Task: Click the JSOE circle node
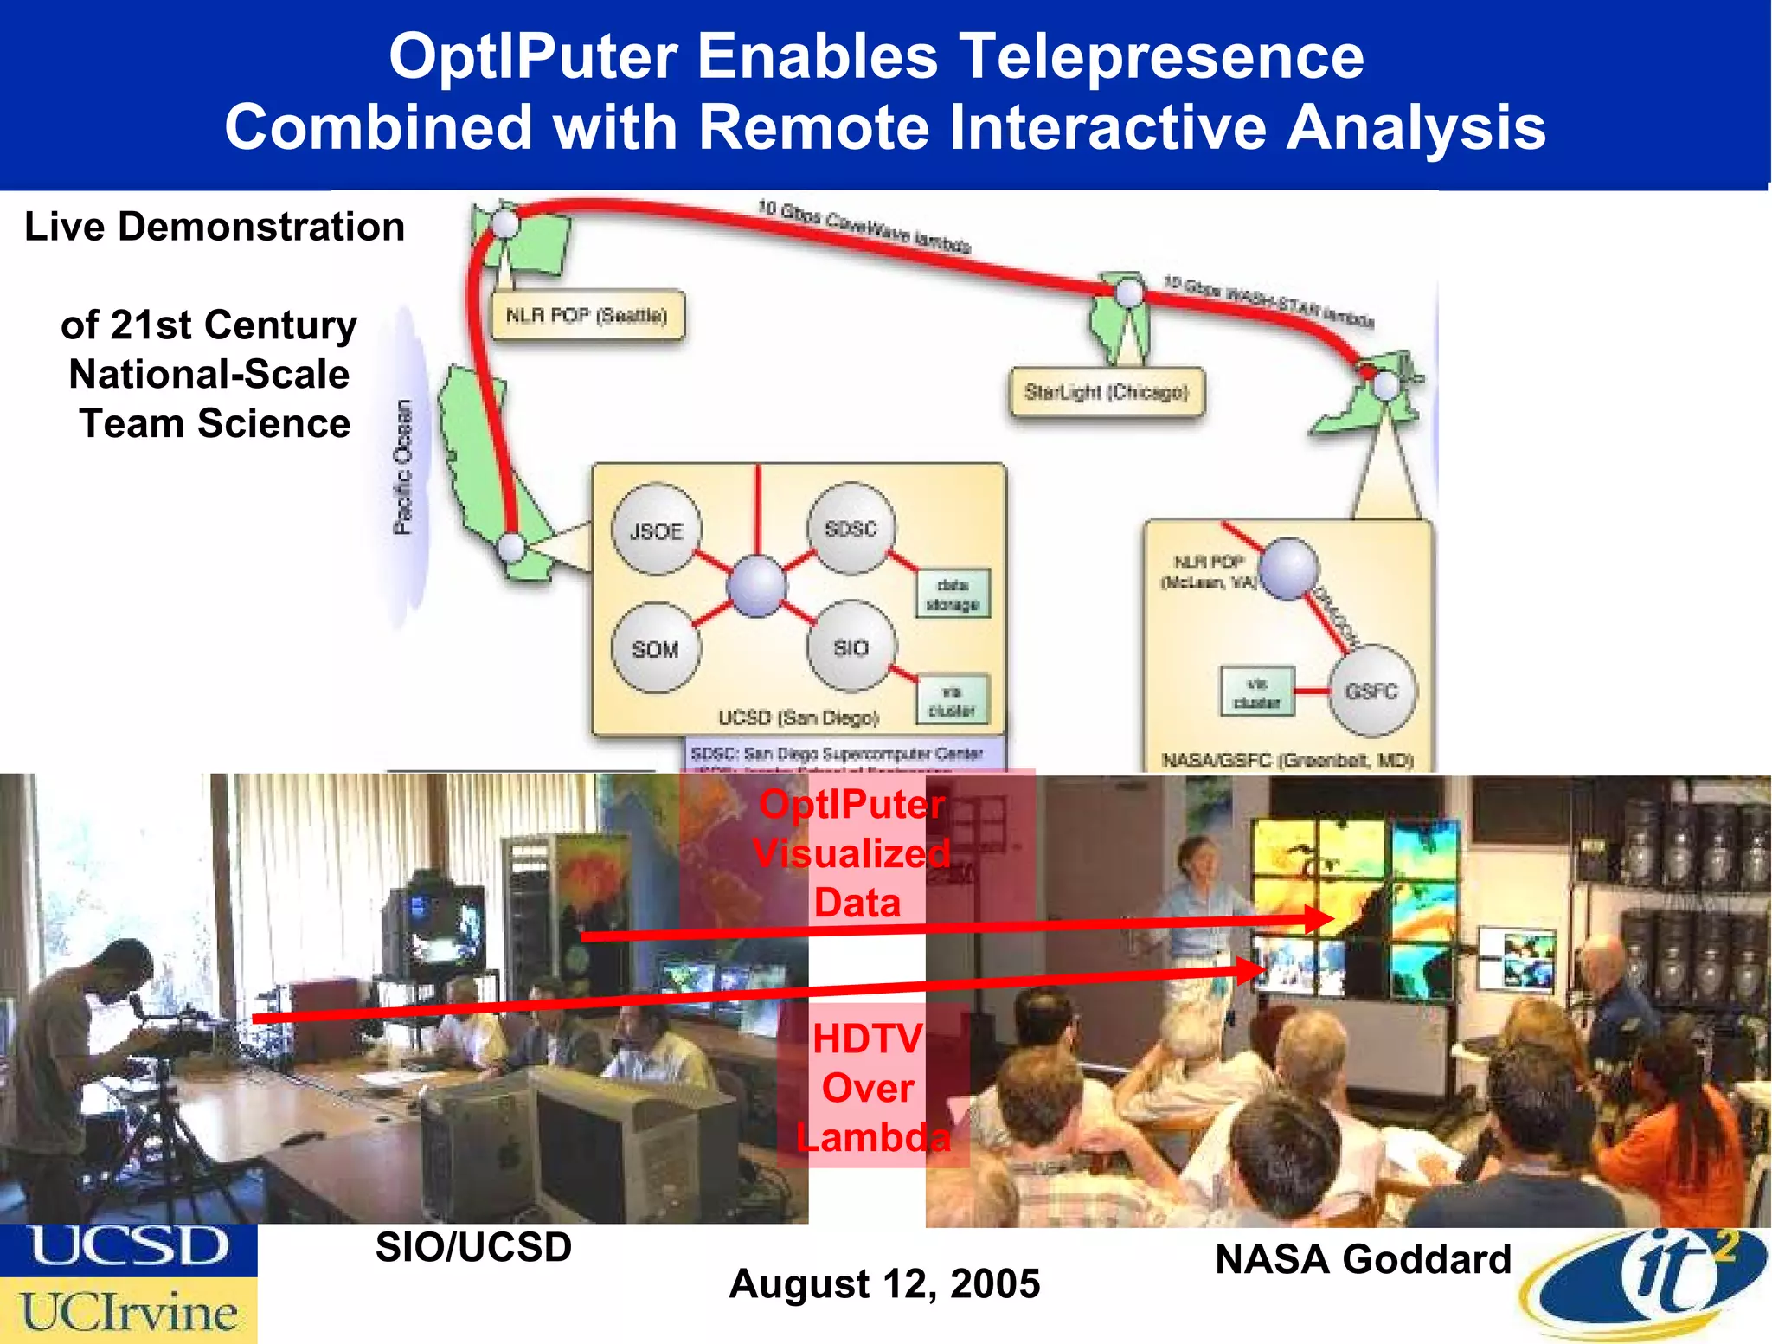tap(656, 531)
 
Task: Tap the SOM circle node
tap(655, 648)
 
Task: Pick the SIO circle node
tap(851, 647)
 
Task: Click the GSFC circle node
tap(1371, 691)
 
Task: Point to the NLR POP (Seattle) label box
tap(587, 315)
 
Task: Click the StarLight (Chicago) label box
tap(1106, 392)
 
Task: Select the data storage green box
tap(952, 595)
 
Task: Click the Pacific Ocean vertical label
tap(403, 467)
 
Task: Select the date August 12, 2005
tap(884, 1283)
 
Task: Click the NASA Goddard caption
tap(1363, 1259)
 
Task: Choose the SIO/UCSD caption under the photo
tap(473, 1247)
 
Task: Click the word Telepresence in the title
tap(1161, 56)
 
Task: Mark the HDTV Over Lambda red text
tap(870, 1088)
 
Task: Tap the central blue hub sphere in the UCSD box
tap(756, 587)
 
